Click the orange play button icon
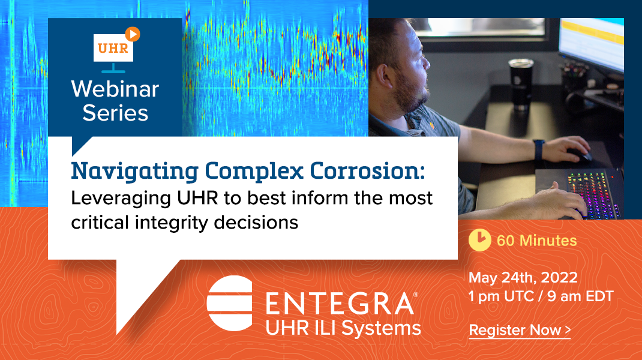[133, 34]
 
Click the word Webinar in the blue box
[115, 89]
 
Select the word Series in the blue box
[115, 112]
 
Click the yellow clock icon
[479, 240]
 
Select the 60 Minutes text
[536, 241]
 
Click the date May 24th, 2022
[523, 278]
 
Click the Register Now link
[519, 330]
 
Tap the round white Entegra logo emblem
[229, 303]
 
